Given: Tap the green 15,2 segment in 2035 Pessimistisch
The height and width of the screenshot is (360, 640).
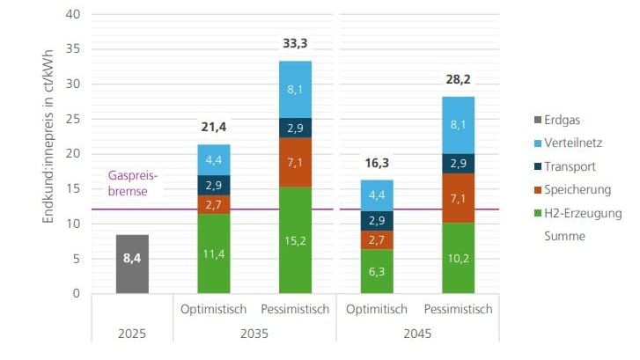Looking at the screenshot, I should tap(295, 240).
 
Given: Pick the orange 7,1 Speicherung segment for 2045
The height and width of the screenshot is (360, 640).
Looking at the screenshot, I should tap(458, 198).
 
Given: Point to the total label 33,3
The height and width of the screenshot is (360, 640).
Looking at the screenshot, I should tap(295, 44).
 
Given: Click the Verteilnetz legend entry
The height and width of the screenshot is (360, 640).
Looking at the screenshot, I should tap(570, 143).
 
